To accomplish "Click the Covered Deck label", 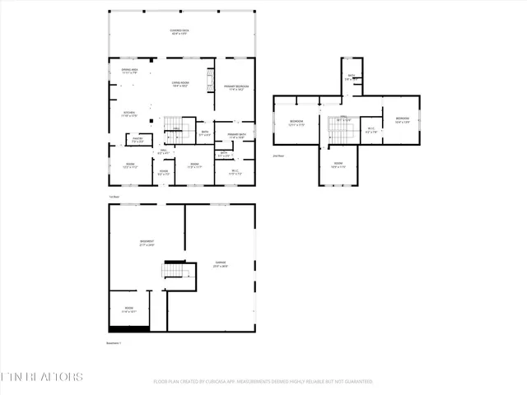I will point(179,32).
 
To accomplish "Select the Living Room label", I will point(180,84).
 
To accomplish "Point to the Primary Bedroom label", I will point(236,86).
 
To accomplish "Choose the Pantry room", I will point(138,140).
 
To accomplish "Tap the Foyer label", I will point(164,173).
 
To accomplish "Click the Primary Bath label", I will point(238,136).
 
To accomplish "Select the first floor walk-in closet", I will point(235,172).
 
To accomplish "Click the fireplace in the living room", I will point(210,78).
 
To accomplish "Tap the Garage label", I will point(221,264).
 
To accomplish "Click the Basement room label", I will point(147,243).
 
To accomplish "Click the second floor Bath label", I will point(351,77).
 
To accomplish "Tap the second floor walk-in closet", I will point(371,129).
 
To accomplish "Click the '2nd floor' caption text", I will point(278,155).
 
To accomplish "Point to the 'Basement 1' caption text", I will point(114,342).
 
